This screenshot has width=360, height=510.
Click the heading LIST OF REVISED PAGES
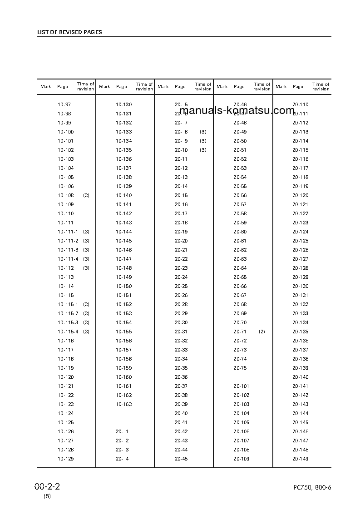[69, 33]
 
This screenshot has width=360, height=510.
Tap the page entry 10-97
[64, 105]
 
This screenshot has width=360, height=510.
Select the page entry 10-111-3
[68, 250]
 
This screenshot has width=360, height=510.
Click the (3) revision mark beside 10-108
[86, 196]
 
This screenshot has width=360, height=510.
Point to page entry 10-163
[123, 405]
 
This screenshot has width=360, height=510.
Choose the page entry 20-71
[240, 332]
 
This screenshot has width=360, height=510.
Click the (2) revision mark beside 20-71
[262, 332]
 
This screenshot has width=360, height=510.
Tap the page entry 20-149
[300, 459]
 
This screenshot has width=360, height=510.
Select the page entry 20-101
[241, 386]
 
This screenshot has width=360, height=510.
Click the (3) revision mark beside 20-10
[203, 150]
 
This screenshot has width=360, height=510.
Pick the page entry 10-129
[65, 459]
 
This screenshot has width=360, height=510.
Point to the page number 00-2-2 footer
[47, 487]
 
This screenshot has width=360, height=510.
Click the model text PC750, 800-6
[312, 488]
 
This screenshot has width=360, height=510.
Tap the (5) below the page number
[47, 496]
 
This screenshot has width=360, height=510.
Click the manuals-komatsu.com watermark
[241, 111]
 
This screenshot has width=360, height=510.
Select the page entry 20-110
[300, 105]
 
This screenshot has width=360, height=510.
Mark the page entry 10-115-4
[68, 332]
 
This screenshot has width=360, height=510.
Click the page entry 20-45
[181, 459]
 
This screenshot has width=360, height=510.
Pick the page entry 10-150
[123, 287]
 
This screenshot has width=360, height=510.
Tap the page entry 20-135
[300, 332]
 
